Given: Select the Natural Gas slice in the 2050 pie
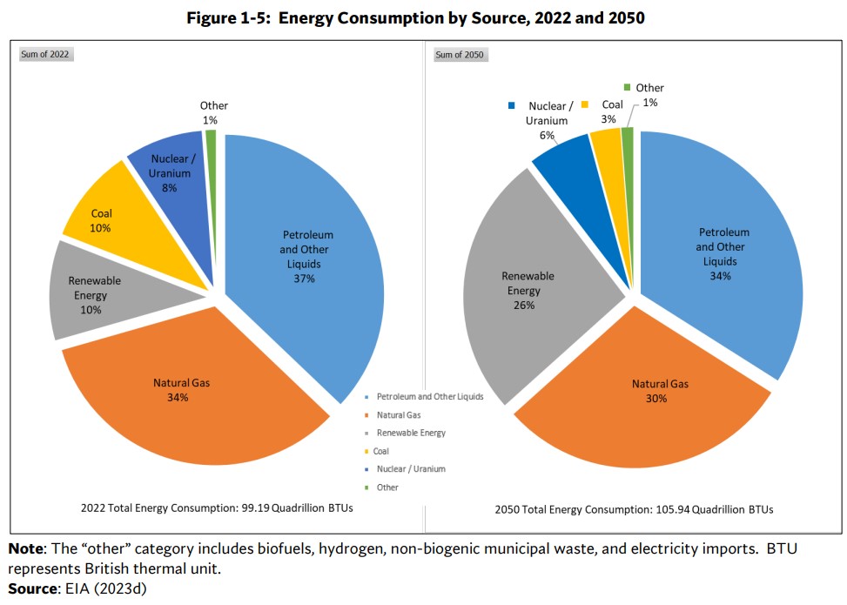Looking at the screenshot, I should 644,409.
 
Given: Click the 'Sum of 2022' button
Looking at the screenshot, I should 45,55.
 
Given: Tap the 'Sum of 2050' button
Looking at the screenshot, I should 460,55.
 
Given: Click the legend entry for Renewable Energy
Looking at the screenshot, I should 411,433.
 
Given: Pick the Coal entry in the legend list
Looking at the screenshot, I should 382,451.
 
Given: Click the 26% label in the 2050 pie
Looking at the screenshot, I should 524,305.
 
